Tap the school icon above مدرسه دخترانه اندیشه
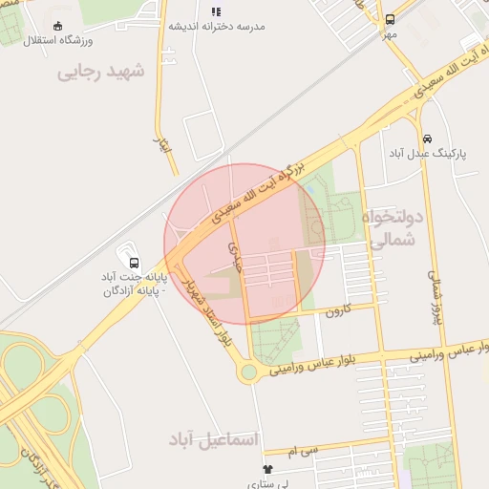click(216, 11)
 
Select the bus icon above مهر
click(390, 19)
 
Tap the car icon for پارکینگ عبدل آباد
click(427, 138)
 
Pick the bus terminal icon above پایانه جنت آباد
click(133, 259)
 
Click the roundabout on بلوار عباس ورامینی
click(249, 371)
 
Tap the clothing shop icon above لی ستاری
click(267, 470)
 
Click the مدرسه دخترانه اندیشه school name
click(217, 26)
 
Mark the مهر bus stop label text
click(390, 34)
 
